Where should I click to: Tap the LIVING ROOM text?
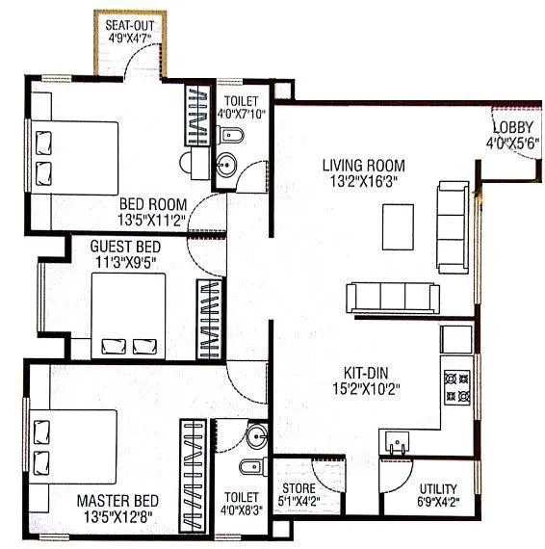point(363,165)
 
